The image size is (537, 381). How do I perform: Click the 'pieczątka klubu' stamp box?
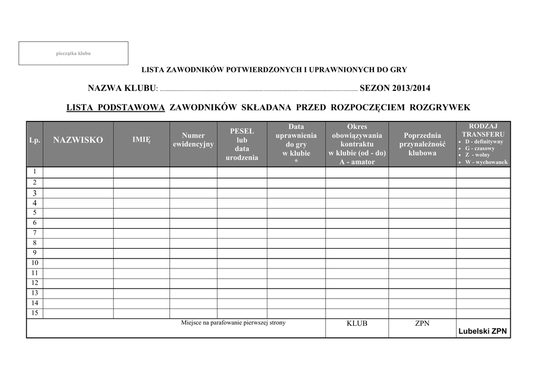(73, 53)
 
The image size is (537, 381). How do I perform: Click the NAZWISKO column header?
(78, 140)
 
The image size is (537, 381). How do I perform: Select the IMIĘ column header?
(141, 140)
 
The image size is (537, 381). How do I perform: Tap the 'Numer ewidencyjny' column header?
(193, 140)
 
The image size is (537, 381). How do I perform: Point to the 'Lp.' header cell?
(35, 140)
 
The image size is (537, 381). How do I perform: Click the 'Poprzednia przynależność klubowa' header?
(422, 144)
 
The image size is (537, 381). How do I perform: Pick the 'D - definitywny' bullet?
(484, 142)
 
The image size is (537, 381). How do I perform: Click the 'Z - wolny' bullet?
(477, 155)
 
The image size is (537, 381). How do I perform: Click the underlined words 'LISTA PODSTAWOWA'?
(115, 108)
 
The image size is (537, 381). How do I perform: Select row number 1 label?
(35, 172)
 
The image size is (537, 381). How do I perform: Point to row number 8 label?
(35, 243)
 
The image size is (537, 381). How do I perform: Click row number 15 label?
(35, 313)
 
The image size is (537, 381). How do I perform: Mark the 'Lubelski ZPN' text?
(482, 331)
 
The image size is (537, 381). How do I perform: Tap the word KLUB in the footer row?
(357, 324)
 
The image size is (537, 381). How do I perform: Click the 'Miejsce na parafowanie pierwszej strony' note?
(233, 323)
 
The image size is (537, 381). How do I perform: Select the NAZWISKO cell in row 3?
(78, 193)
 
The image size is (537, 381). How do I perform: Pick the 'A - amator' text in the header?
(357, 162)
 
